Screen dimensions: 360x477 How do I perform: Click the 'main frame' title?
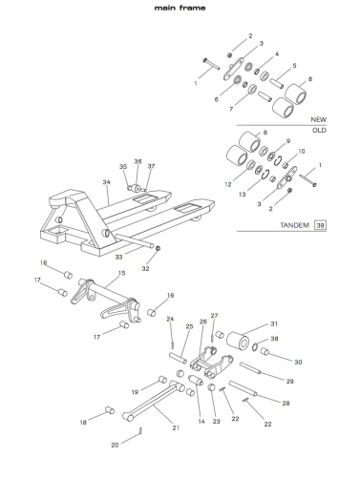tap(180, 8)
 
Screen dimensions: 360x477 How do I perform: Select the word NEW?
tap(319, 119)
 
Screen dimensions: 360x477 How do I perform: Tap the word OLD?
tap(319, 130)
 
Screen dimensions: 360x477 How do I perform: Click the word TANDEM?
tap(294, 225)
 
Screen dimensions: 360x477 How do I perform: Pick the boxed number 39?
tap(320, 225)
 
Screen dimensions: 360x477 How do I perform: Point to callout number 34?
tap(106, 182)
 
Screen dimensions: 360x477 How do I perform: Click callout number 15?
tap(121, 273)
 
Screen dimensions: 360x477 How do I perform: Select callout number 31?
tap(274, 323)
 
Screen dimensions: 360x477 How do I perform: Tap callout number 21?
tap(176, 427)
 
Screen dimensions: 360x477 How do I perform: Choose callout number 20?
tap(115, 446)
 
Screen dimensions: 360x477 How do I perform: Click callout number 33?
tap(118, 257)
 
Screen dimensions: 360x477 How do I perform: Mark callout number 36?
tap(138, 161)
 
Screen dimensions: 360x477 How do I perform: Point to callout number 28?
tap(286, 404)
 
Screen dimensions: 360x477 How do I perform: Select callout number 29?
tap(289, 381)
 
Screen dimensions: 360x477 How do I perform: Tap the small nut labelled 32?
tap(159, 248)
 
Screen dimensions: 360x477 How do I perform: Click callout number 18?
tap(83, 423)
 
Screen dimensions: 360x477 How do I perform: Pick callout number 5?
tap(294, 66)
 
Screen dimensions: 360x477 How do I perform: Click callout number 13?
tap(243, 194)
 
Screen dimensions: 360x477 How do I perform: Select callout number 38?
tap(274, 339)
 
